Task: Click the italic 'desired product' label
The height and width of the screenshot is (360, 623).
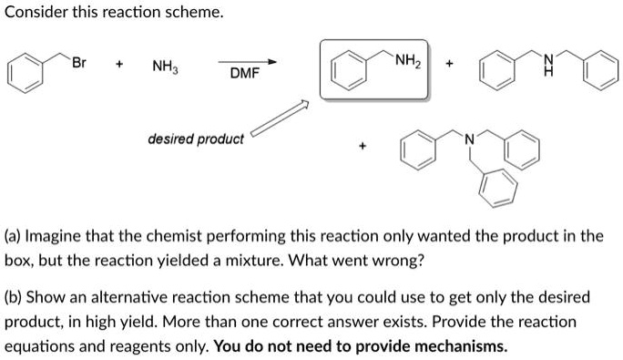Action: tap(196, 139)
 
